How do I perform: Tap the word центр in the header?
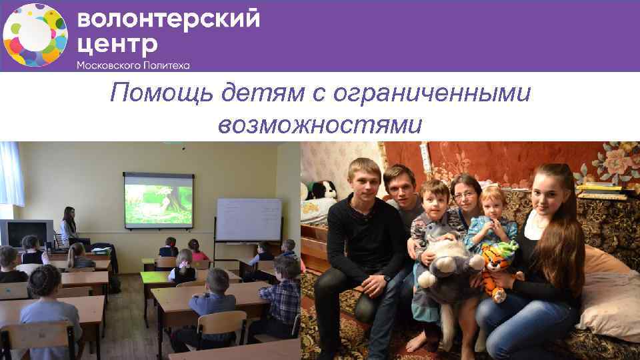pyautogui.click(x=117, y=45)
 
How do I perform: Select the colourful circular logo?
pyautogui.click(x=35, y=35)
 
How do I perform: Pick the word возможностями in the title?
pyautogui.click(x=319, y=124)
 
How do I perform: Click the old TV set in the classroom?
pyautogui.click(x=26, y=231)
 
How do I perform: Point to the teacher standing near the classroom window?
pyautogui.click(x=68, y=227)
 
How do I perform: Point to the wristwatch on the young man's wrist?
pyautogui.click(x=386, y=277)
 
